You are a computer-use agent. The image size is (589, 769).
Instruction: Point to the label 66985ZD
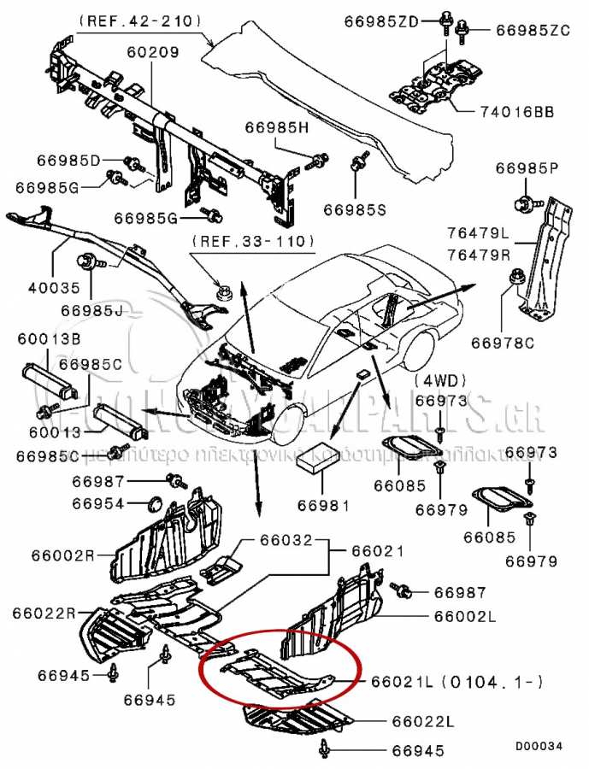(382, 21)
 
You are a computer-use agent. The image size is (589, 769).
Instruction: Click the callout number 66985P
(527, 168)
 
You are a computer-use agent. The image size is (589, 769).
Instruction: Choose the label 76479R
(477, 255)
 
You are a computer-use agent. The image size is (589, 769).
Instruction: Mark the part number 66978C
(503, 343)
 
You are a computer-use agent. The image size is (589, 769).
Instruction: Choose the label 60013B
(49, 340)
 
